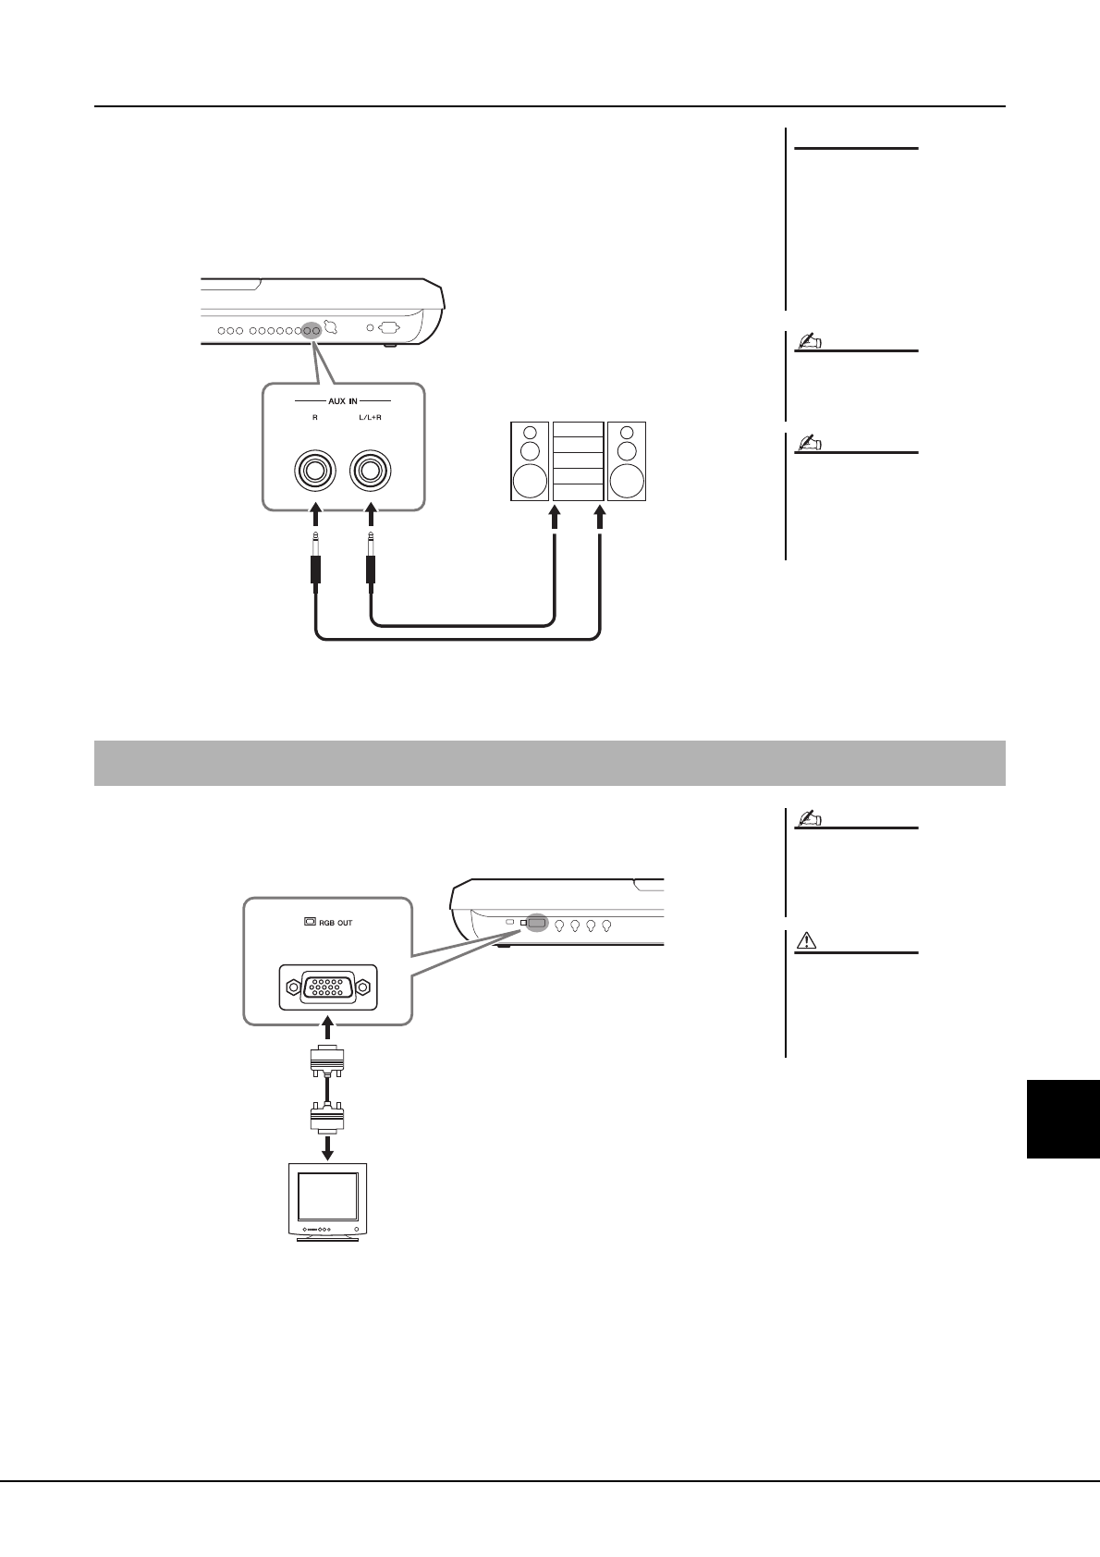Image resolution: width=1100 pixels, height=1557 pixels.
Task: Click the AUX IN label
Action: [342, 400]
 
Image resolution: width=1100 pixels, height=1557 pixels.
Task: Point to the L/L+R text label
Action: [371, 418]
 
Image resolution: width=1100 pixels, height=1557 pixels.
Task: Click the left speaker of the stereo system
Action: [529, 461]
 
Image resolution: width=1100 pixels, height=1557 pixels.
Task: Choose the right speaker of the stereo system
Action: [627, 461]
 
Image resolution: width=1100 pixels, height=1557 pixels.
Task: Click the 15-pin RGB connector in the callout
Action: [328, 987]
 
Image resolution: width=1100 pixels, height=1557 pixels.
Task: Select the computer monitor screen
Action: [327, 1199]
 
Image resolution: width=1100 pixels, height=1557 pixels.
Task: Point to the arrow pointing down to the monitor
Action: [327, 1146]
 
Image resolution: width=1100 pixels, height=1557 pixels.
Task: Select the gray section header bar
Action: [549, 763]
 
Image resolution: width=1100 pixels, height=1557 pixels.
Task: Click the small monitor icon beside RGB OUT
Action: [310, 922]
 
